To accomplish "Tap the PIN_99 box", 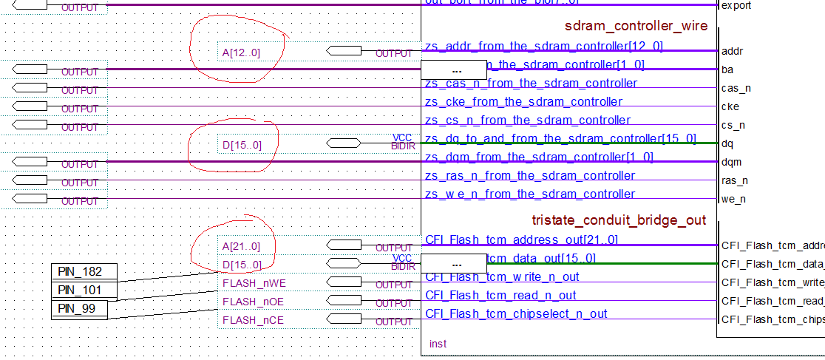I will tap(79, 309).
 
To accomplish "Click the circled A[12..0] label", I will tap(241, 52).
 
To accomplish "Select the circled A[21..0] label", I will tap(242, 246).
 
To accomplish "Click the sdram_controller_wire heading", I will tap(636, 27).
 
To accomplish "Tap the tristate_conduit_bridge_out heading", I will tap(619, 220).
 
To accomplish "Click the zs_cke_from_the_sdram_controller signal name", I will tap(523, 101).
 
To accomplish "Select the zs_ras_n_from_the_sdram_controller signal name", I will tap(530, 175).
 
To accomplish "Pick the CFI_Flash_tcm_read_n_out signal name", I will tap(500, 295).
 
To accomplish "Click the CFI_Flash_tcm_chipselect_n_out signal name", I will tap(516, 313).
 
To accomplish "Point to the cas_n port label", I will tap(736, 88).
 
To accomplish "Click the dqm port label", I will tap(732, 162).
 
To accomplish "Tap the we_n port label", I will tap(733, 199).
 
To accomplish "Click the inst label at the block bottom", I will tap(438, 344).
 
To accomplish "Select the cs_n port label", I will tap(733, 125).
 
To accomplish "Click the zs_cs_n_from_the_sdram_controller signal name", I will tap(528, 120).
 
